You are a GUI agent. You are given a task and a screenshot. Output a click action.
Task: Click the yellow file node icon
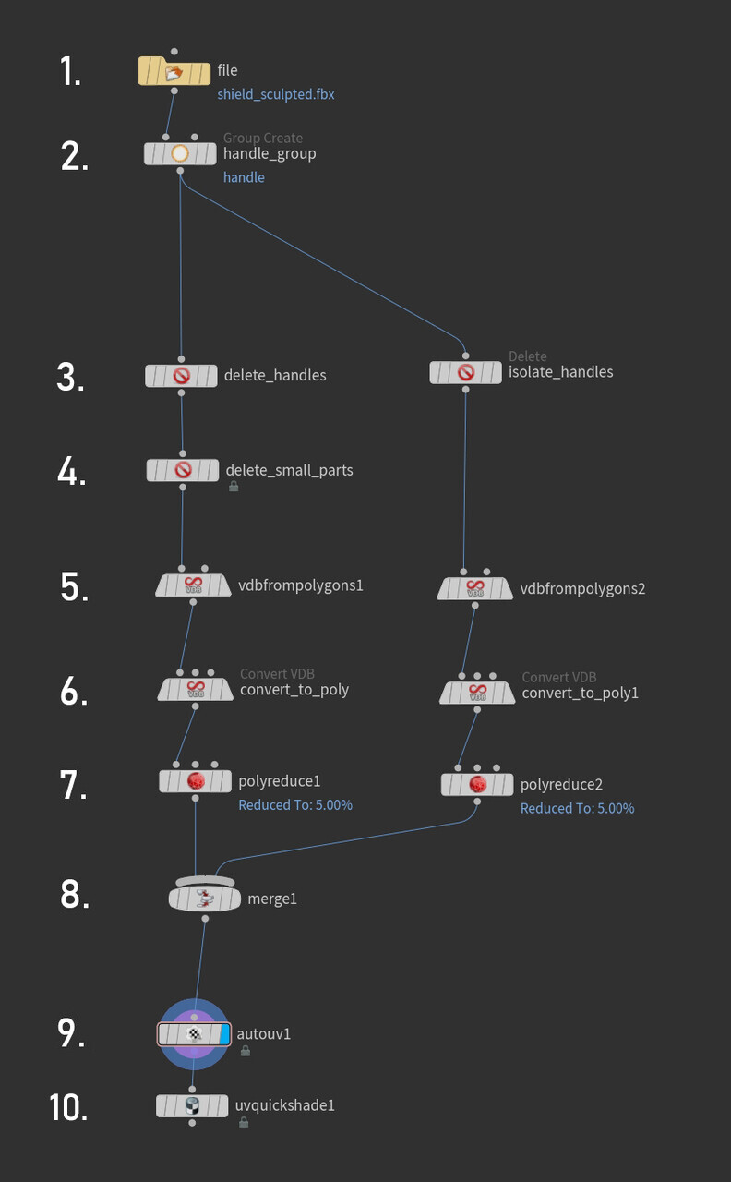[x=174, y=71]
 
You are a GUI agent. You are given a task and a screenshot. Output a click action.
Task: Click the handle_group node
[x=180, y=154]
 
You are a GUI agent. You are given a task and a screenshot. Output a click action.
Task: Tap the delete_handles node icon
[x=181, y=376]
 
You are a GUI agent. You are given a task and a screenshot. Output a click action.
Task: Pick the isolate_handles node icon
[x=466, y=372]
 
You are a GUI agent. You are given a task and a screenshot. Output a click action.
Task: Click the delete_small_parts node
[x=183, y=471]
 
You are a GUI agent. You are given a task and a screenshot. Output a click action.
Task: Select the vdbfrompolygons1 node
[x=194, y=585]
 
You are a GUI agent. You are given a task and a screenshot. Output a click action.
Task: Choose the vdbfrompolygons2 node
[x=475, y=588]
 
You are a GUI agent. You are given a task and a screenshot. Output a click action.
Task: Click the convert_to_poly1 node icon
[x=477, y=693]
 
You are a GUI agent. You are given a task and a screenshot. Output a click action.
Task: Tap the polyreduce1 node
[x=196, y=781]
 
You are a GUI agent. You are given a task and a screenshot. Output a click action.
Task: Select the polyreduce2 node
[x=477, y=785]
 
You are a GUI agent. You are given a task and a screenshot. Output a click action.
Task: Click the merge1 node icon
[x=205, y=897]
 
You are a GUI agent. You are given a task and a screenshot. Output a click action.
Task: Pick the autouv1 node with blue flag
[x=194, y=1034]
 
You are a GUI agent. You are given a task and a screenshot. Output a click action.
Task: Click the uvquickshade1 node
[x=192, y=1105]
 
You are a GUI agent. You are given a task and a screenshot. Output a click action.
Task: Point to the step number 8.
[x=75, y=894]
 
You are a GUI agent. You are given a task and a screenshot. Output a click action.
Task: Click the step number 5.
[x=75, y=586]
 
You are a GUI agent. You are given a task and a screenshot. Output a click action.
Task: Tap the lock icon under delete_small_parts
[x=234, y=487]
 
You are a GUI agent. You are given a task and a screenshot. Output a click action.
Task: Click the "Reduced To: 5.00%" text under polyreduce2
[x=577, y=808]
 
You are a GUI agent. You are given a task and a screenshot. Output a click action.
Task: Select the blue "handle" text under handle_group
[x=244, y=177]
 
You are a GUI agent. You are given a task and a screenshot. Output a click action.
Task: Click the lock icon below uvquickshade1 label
[x=244, y=1122]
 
